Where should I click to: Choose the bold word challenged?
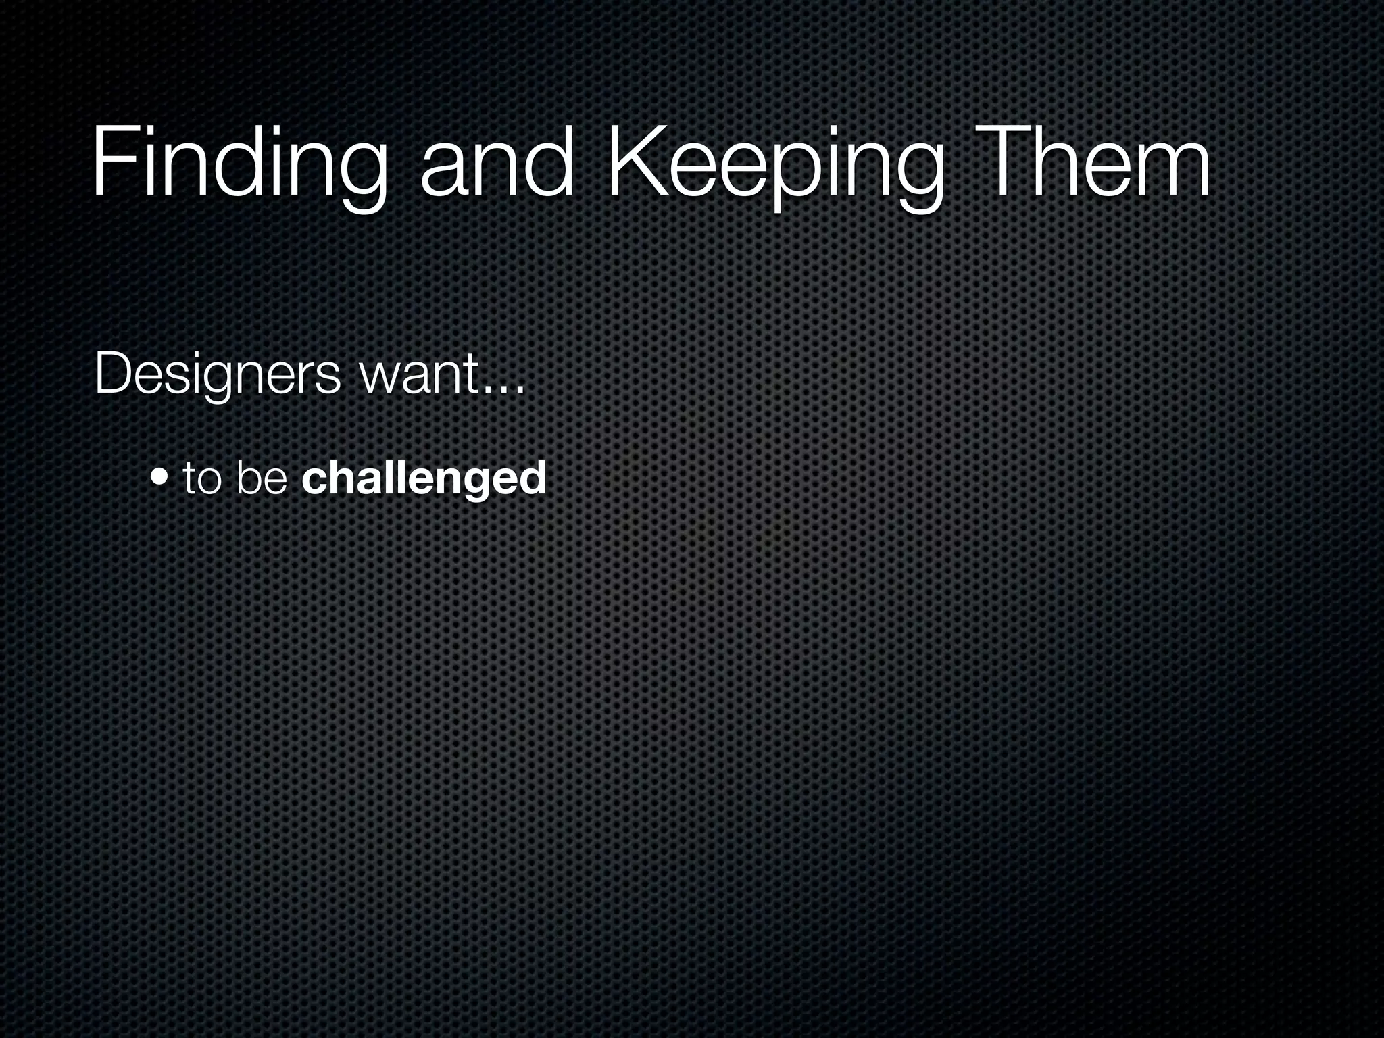pyautogui.click(x=424, y=478)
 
